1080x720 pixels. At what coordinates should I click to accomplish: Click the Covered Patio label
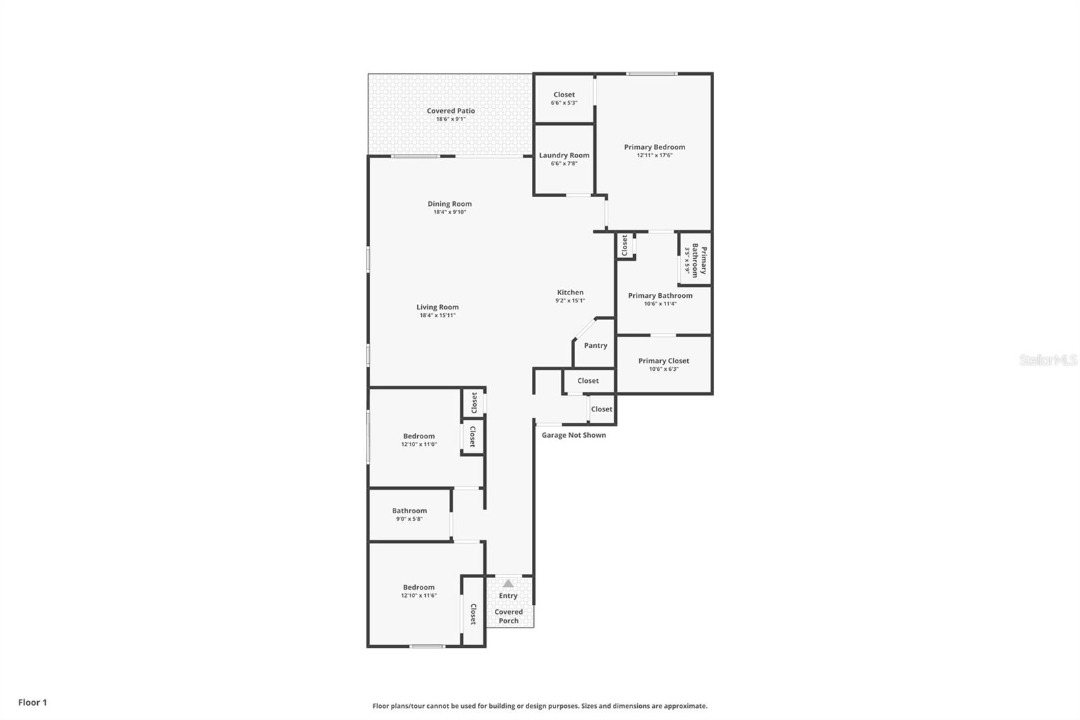[450, 111]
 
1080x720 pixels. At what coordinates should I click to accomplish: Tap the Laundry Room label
[564, 155]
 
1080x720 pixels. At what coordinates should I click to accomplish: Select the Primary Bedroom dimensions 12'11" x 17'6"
[654, 155]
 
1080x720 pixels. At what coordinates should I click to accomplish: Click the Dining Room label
[450, 204]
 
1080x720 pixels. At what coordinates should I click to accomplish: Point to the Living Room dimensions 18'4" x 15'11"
[437, 315]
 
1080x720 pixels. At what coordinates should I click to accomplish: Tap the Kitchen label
[570, 292]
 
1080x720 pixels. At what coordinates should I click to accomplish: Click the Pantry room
[595, 345]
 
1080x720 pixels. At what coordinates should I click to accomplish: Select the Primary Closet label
[664, 361]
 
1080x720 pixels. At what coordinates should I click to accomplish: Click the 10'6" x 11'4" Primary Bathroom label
[660, 296]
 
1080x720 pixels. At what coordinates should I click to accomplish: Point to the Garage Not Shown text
[574, 435]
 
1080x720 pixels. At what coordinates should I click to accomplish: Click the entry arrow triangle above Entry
[508, 584]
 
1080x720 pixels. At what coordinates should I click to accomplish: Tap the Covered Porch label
[508, 616]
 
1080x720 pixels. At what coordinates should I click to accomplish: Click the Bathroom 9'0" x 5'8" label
[409, 511]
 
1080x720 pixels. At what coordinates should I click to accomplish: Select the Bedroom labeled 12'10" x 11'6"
[418, 588]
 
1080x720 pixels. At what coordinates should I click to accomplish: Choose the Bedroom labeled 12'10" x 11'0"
[418, 436]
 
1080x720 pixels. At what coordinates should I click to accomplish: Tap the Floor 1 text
[32, 702]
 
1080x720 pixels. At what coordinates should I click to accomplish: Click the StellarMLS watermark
[1048, 361]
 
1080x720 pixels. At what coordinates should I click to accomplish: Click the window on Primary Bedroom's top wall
[651, 74]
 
